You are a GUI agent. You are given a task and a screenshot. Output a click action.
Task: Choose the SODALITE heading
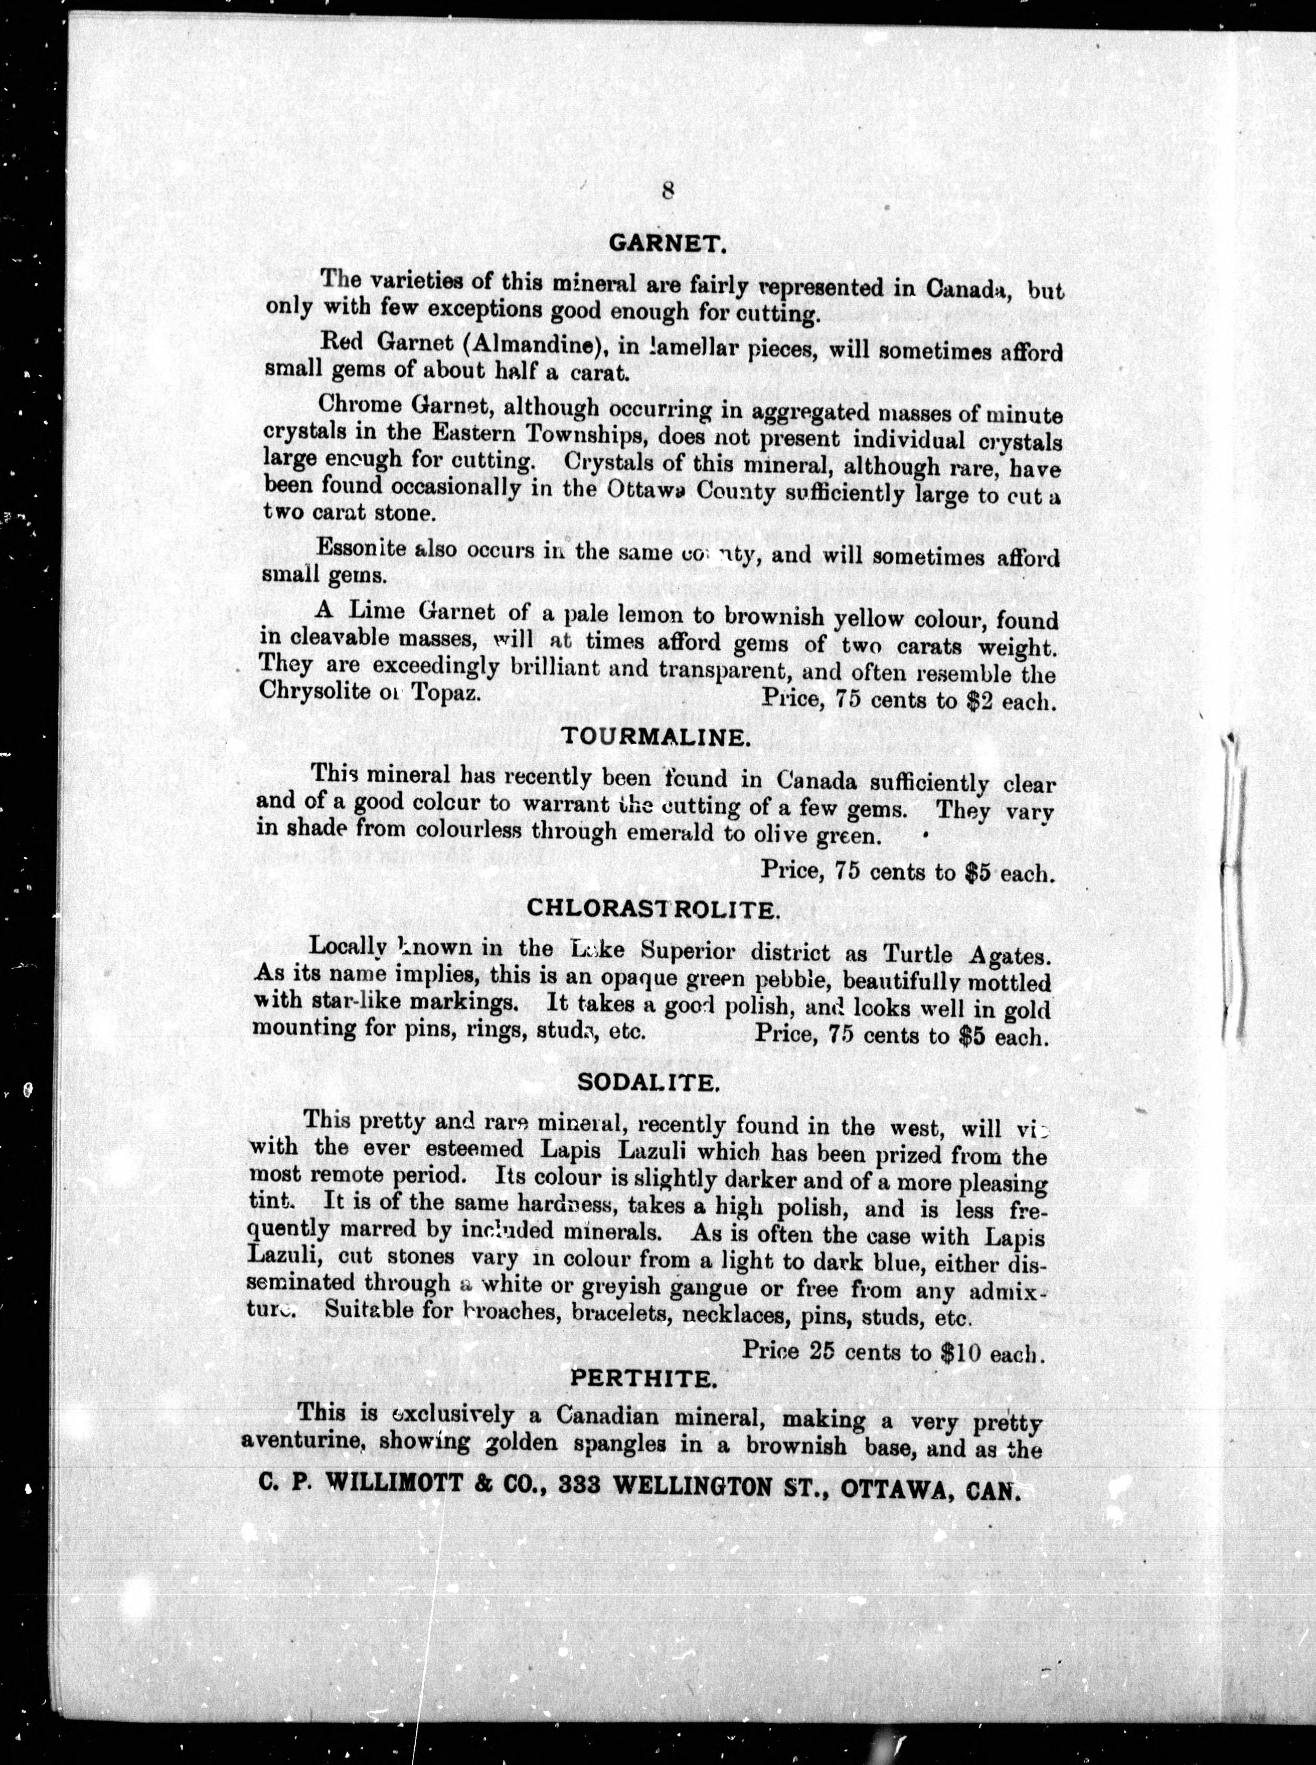[650, 1082]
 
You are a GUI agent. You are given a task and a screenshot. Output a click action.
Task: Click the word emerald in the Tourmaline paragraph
[667, 834]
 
